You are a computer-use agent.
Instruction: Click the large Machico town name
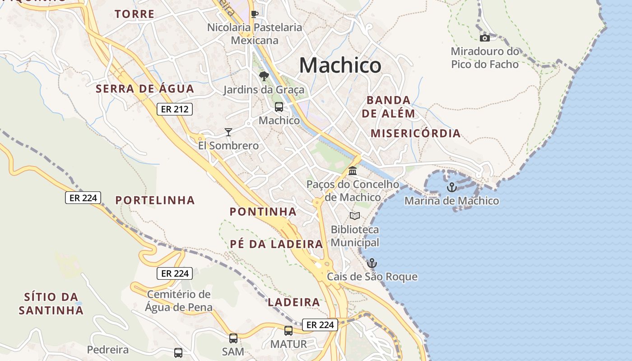point(340,65)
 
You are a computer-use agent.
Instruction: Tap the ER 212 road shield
point(175,109)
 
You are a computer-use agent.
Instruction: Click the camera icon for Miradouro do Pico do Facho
point(485,38)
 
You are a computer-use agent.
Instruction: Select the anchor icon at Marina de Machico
point(451,187)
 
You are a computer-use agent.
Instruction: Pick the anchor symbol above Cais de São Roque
point(372,263)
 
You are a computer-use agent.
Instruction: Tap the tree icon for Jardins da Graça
point(264,76)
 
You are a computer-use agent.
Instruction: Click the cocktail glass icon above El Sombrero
point(228,132)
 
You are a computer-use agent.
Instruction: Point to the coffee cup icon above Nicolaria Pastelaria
point(255,14)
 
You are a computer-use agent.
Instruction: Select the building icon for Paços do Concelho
point(353,171)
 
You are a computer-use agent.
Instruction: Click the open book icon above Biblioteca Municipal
point(355,216)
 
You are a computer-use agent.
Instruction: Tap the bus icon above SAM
point(233,338)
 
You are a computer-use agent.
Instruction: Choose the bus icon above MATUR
point(288,331)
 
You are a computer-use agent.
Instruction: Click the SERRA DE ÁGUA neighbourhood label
point(145,89)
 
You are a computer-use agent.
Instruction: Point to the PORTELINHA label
point(155,200)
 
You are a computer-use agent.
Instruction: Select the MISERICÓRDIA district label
point(415,134)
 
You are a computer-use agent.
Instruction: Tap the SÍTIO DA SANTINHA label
point(51,304)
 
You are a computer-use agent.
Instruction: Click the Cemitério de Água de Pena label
point(179,301)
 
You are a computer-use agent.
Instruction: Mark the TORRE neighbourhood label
point(135,14)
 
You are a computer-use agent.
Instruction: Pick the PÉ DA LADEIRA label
point(276,244)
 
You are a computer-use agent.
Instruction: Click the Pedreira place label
point(108,350)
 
